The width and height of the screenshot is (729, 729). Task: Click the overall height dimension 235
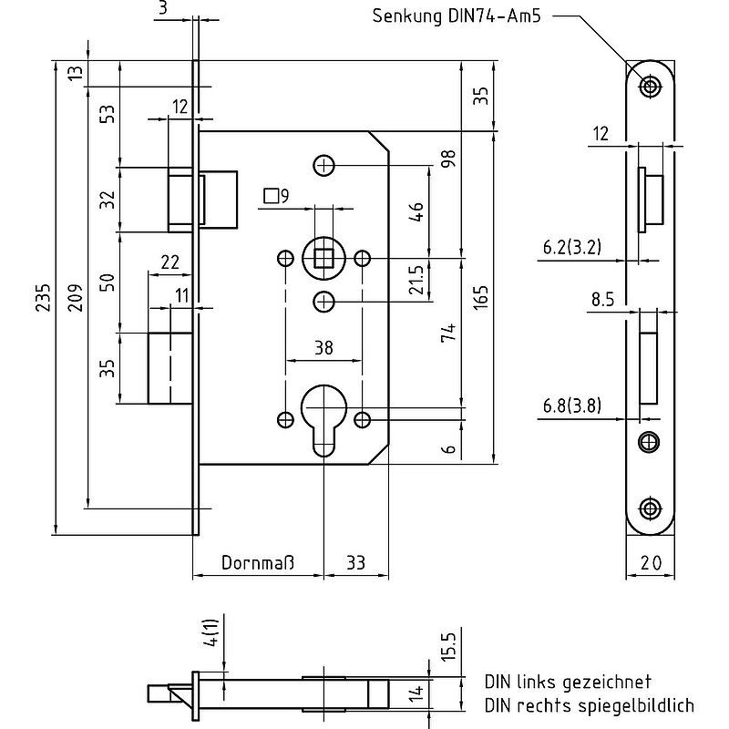point(43,298)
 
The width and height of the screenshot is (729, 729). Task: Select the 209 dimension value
point(76,298)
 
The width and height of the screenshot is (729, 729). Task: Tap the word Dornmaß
point(258,562)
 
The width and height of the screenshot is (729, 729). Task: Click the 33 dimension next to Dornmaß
point(355,562)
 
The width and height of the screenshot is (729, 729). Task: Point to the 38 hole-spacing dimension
point(323,347)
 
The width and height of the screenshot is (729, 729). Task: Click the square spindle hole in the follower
point(323,259)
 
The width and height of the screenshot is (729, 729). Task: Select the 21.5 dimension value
point(416,280)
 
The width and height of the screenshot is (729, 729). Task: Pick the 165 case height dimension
point(482,298)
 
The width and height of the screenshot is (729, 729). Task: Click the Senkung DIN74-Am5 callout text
point(457,15)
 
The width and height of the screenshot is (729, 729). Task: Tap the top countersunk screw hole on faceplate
point(650,87)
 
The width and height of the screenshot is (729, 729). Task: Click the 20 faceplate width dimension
point(651,563)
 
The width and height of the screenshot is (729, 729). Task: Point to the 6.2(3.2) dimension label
point(572,247)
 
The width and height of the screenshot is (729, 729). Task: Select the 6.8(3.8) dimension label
point(572,406)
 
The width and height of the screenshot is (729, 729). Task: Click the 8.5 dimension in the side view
point(602,300)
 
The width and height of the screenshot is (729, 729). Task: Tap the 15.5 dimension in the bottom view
point(448,646)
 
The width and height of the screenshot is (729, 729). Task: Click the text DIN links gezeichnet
point(568,682)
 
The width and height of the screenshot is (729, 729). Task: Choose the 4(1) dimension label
point(211,632)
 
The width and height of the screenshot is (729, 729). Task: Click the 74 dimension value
point(448,334)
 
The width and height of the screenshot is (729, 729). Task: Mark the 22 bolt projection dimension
point(169,262)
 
